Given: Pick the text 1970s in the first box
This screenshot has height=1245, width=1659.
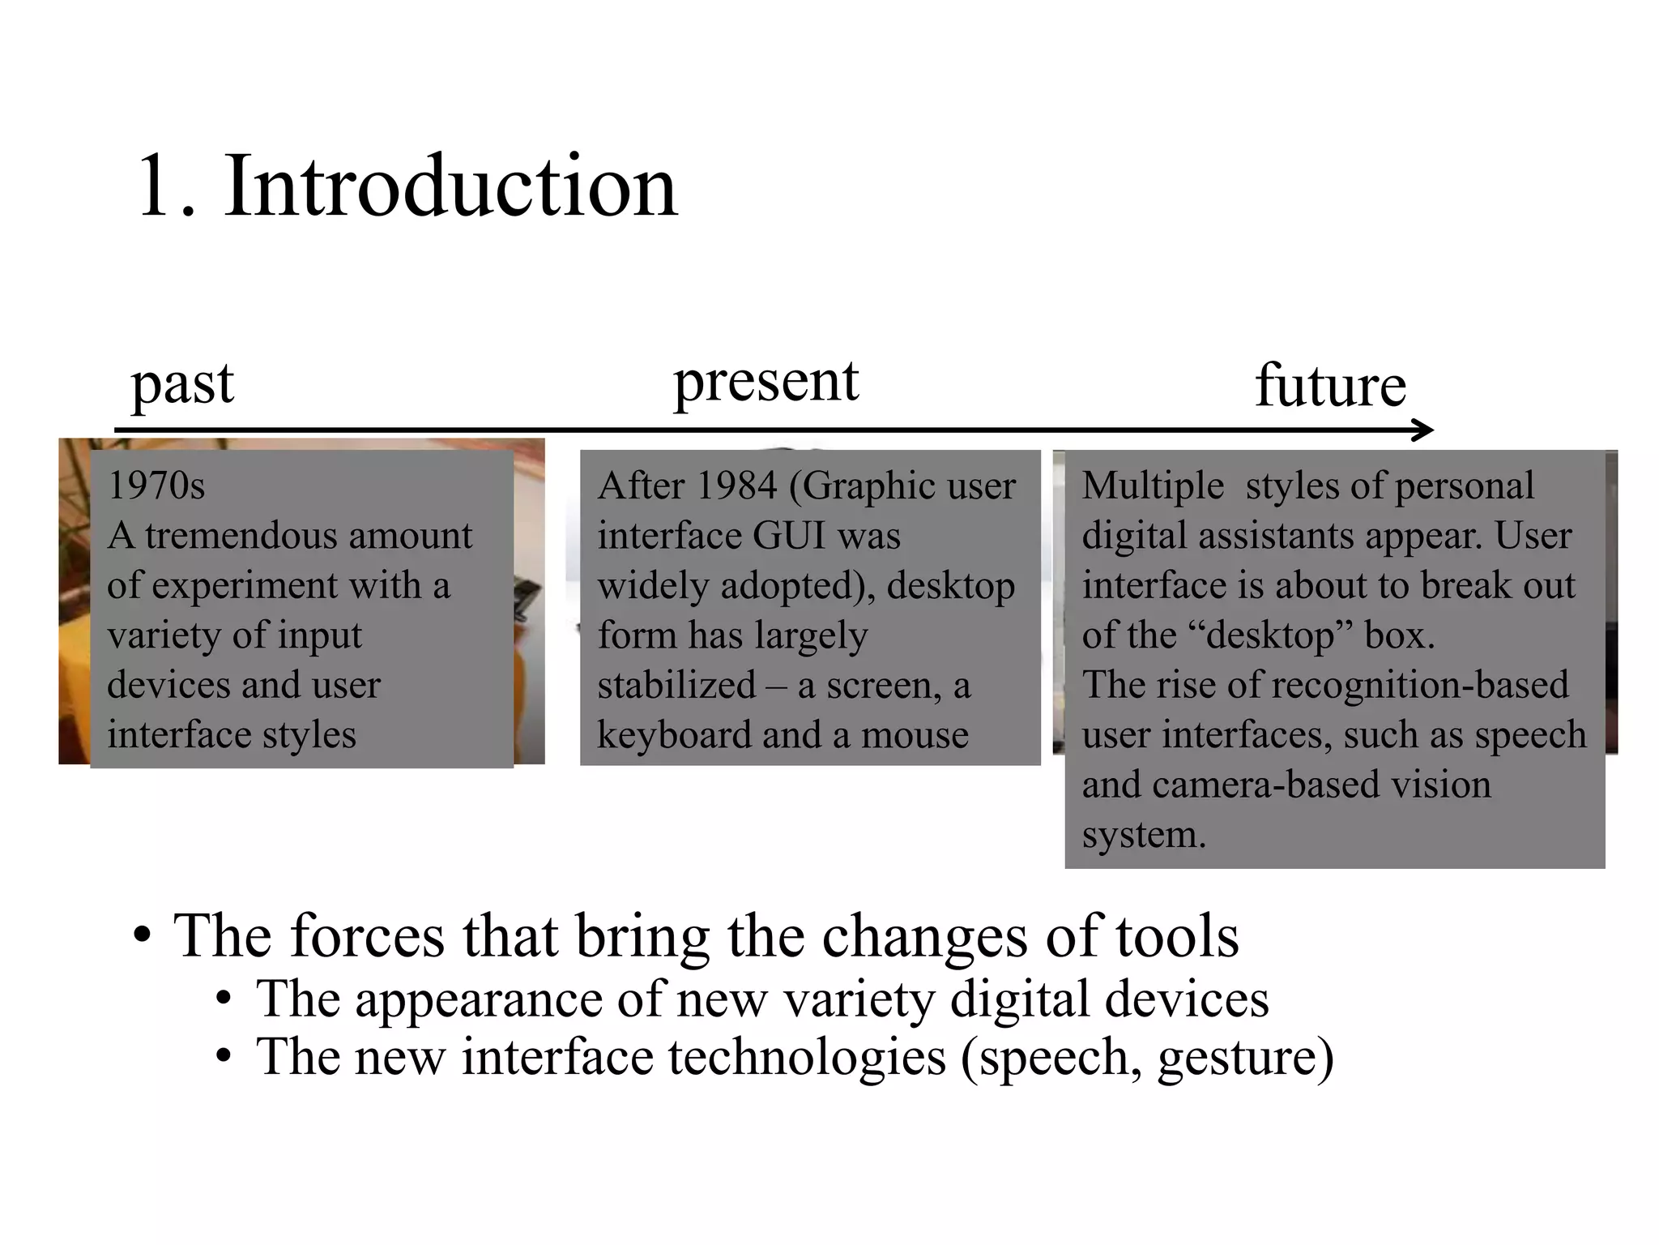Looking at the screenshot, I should pyautogui.click(x=156, y=486).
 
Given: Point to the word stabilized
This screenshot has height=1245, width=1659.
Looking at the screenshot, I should pyautogui.click(x=676, y=685).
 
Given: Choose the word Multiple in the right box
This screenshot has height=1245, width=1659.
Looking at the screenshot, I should pyautogui.click(x=1153, y=486).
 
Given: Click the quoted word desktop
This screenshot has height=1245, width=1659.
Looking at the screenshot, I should pyautogui.click(x=1269, y=635).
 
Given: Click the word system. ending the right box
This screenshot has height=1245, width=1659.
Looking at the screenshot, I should pyautogui.click(x=1144, y=835).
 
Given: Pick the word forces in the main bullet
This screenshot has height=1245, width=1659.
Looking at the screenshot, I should pyautogui.click(x=365, y=936).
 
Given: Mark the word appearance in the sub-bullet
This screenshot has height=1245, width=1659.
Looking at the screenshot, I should pyautogui.click(x=479, y=999).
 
